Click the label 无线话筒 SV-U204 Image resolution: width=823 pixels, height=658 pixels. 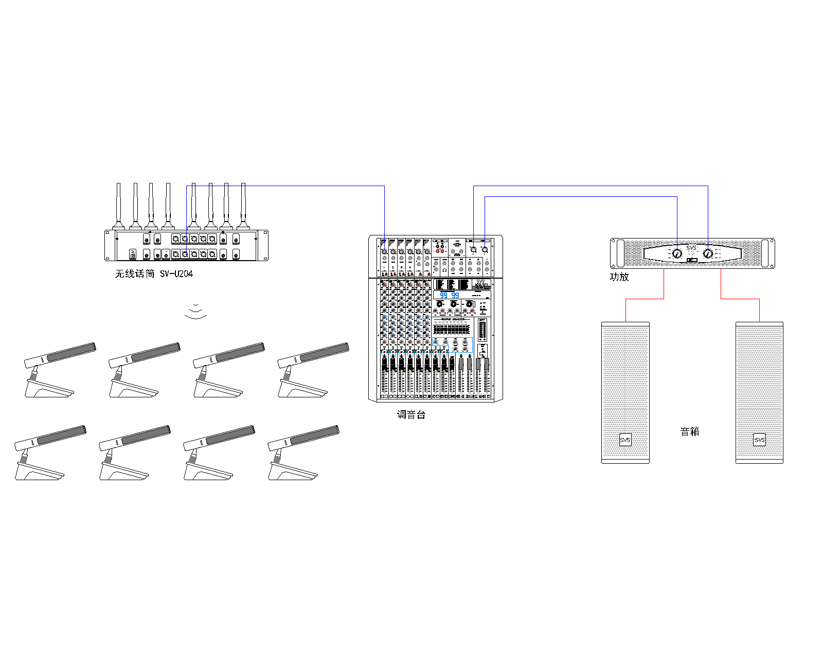click(153, 274)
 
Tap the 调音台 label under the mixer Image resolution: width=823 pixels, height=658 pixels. click(411, 415)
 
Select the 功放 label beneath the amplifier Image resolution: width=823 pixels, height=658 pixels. click(619, 277)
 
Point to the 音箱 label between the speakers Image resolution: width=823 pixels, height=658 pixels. click(690, 432)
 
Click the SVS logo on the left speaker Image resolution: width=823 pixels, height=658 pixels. click(625, 440)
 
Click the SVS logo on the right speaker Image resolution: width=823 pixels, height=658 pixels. click(759, 440)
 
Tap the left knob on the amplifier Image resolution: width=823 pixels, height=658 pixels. click(677, 253)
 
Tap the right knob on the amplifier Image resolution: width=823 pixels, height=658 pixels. click(708, 253)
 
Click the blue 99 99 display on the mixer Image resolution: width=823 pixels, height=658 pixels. click(449, 296)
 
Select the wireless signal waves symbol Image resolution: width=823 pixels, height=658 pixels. click(196, 312)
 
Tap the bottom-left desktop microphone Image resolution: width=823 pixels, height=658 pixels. click(49, 452)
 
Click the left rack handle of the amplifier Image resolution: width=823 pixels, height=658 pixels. click(614, 253)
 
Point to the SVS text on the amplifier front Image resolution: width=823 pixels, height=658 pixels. click(691, 248)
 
